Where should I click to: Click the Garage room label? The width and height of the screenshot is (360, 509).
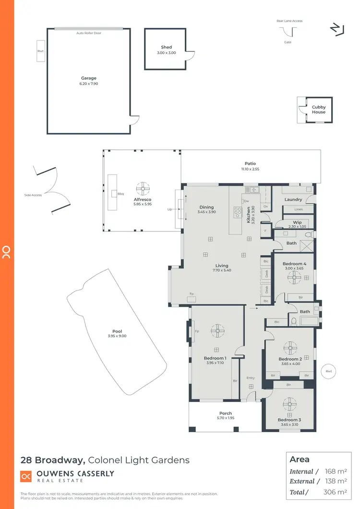(88, 78)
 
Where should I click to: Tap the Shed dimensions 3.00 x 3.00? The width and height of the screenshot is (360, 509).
(166, 53)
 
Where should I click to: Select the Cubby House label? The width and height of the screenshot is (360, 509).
(319, 109)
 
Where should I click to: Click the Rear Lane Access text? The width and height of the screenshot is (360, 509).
(289, 21)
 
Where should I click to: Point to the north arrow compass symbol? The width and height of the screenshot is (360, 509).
(336, 29)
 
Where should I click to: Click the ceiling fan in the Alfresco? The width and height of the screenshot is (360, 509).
(143, 188)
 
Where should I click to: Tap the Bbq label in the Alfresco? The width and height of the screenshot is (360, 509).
(120, 194)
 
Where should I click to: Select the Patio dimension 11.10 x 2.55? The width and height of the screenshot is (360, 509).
(250, 169)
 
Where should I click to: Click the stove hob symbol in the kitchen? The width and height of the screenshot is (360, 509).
(238, 211)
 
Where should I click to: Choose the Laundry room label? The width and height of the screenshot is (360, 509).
(293, 199)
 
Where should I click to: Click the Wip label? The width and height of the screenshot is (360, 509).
(298, 222)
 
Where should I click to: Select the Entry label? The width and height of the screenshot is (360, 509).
(251, 378)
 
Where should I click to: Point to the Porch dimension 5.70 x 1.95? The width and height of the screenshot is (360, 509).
(225, 418)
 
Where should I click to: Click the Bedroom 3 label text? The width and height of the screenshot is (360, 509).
(289, 420)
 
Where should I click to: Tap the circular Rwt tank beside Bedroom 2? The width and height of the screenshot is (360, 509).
(328, 371)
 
